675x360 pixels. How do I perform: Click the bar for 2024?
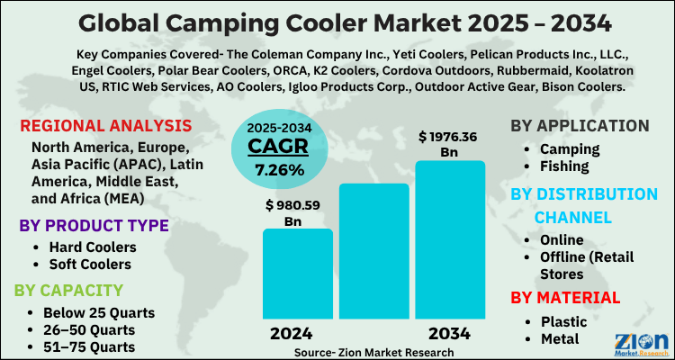click(x=298, y=274)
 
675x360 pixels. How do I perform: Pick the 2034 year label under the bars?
click(x=443, y=333)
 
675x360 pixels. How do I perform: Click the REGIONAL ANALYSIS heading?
click(x=105, y=126)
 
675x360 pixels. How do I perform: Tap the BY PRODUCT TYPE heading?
click(x=94, y=225)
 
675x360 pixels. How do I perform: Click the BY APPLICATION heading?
click(x=579, y=126)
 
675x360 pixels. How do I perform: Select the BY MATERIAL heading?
click(x=565, y=297)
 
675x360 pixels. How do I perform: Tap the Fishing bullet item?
click(x=563, y=166)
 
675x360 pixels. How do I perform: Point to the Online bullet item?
click(x=562, y=239)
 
